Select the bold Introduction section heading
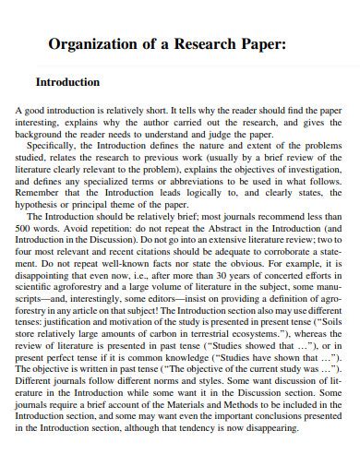(67, 82)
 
